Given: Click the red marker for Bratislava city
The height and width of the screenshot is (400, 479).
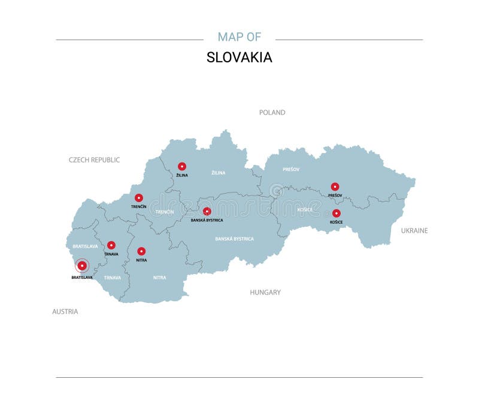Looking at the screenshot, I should (x=82, y=266).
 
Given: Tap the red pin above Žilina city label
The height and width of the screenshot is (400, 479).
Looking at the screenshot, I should (x=182, y=166).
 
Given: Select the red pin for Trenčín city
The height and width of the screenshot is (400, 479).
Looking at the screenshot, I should (x=139, y=198).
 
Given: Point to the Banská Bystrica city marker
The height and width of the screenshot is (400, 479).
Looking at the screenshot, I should (x=207, y=211).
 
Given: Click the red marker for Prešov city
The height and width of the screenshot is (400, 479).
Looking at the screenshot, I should (x=335, y=187).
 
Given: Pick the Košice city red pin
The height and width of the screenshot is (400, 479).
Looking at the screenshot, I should (x=336, y=213).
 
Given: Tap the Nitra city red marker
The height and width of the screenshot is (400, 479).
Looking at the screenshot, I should (x=141, y=251).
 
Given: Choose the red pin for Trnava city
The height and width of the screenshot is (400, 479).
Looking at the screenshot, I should (x=111, y=245).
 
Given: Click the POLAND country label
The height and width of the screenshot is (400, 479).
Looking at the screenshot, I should (x=272, y=113).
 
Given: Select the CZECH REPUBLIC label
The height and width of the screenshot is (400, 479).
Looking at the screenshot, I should (x=94, y=160).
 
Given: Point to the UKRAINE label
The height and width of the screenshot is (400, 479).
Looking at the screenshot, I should (x=414, y=230).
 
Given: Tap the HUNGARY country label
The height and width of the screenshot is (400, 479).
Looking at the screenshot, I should (x=265, y=293).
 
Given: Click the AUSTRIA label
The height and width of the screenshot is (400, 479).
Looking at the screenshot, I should (x=65, y=312).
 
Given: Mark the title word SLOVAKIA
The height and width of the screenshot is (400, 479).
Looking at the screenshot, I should (x=239, y=58).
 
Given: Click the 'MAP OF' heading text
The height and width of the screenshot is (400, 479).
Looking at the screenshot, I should (x=239, y=37).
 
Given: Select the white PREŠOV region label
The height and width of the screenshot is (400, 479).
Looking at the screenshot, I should (x=291, y=169).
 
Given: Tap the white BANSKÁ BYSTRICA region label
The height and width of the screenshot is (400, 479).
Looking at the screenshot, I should (x=234, y=239).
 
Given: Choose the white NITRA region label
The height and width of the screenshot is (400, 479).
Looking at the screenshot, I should (x=159, y=278).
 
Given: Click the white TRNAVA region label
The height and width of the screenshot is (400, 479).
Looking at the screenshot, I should (x=112, y=278).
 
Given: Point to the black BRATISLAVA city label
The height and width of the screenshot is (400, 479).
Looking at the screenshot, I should (x=82, y=278).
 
